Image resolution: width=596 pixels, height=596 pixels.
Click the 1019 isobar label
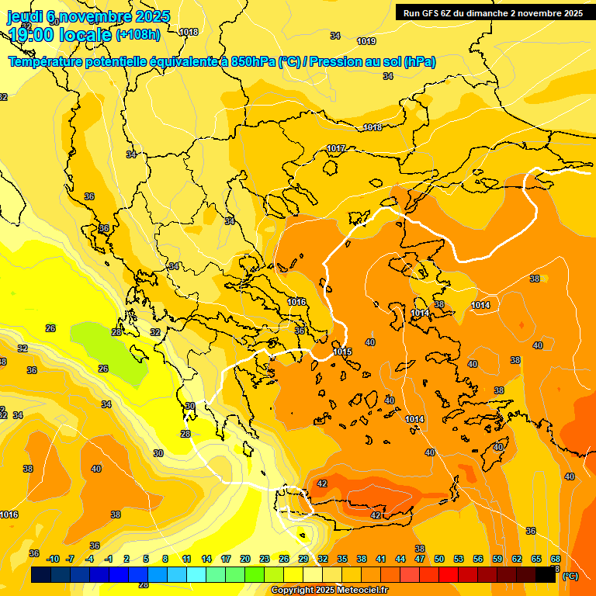pos(366,41)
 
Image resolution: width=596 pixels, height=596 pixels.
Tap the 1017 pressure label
pos(336,148)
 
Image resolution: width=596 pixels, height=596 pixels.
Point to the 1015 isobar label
pos(342,352)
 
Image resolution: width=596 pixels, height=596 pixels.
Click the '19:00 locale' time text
pos(59,35)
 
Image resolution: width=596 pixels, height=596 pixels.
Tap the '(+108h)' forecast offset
pos(138,35)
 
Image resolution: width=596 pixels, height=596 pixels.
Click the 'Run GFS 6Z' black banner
pos(493,13)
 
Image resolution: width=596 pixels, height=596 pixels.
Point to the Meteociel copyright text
pos(330,591)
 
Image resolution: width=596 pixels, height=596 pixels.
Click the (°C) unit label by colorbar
pos(570,576)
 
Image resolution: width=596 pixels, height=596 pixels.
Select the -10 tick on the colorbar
pos(53,559)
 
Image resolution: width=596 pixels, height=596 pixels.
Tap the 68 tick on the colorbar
pos(556,559)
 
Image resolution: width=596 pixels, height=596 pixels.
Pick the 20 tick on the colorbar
pos(245,559)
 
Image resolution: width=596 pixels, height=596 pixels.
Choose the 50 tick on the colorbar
pos(439,559)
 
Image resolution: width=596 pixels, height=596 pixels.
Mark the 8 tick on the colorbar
pos(165,559)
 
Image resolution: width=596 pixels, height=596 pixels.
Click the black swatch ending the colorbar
pos(546,575)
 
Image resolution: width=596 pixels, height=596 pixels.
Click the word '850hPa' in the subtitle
pos(253,62)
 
